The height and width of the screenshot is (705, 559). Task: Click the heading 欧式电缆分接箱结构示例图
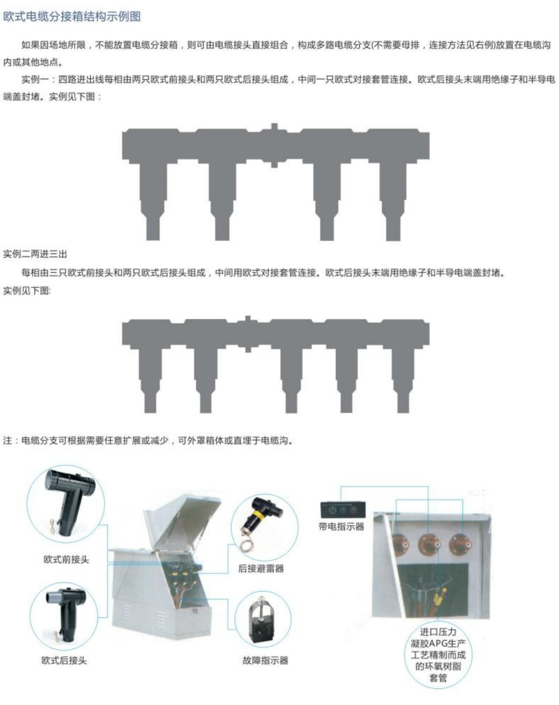click(x=72, y=16)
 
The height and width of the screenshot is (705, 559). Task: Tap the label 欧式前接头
click(x=67, y=559)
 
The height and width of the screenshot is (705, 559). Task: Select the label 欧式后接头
click(x=64, y=661)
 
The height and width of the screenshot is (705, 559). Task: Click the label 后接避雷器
click(x=261, y=568)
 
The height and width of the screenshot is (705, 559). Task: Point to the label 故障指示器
click(x=266, y=661)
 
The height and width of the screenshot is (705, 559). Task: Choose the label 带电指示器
click(x=341, y=527)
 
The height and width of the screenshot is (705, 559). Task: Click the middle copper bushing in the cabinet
click(x=428, y=545)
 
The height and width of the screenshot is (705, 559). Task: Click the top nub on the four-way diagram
click(x=275, y=127)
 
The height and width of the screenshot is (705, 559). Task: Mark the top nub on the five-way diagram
click(x=248, y=319)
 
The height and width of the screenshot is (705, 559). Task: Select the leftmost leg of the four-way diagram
click(x=153, y=201)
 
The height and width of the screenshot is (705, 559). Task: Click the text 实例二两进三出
click(x=35, y=254)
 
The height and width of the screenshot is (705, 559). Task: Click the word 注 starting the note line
click(x=7, y=440)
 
